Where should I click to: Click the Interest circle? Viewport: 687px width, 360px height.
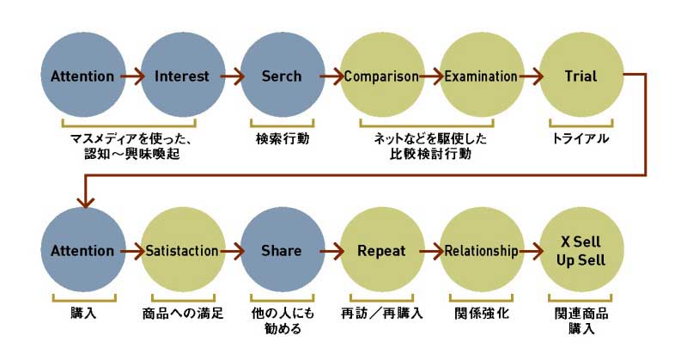point(181,76)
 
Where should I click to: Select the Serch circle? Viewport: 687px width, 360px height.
point(282,76)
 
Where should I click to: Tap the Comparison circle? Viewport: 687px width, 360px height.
point(381,76)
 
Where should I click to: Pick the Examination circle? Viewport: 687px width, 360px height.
point(481,76)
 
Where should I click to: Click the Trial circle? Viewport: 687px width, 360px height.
point(581,76)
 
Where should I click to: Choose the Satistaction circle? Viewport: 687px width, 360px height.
point(181,251)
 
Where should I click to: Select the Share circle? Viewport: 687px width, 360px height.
point(282,251)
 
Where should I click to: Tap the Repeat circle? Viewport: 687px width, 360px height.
point(381,251)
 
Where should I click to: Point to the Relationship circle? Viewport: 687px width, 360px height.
point(481,251)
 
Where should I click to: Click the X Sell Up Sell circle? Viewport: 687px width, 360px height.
point(581,251)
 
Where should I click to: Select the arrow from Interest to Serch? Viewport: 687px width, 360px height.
point(232,76)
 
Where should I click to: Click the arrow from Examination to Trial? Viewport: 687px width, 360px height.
point(531,76)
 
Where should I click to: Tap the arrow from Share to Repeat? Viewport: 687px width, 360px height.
point(331,251)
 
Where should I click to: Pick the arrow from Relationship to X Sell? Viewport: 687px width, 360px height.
point(531,251)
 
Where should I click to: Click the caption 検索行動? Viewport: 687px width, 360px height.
point(281,137)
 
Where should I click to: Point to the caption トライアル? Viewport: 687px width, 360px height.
point(580,137)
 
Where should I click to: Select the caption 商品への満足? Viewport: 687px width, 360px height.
point(182,313)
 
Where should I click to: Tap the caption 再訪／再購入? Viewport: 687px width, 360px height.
point(381,313)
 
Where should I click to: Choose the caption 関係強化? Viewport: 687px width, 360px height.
point(481,313)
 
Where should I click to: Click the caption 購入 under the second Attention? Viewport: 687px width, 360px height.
point(82,313)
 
